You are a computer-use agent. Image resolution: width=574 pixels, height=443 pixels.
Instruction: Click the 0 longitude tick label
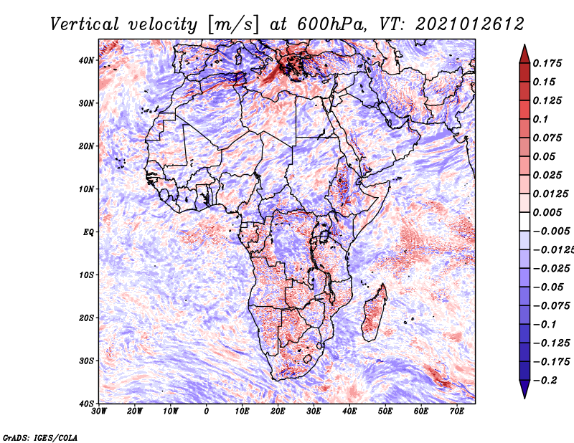pyautogui.click(x=207, y=411)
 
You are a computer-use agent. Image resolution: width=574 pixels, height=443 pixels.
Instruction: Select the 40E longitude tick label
pyautogui.click(x=349, y=411)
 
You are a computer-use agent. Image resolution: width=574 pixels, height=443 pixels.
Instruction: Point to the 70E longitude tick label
pyautogui.click(x=457, y=411)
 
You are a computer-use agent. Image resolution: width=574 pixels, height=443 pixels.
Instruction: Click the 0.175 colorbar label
pyautogui.click(x=547, y=62)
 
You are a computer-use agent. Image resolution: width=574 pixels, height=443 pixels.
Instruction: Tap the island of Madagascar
pyautogui.click(x=374, y=313)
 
